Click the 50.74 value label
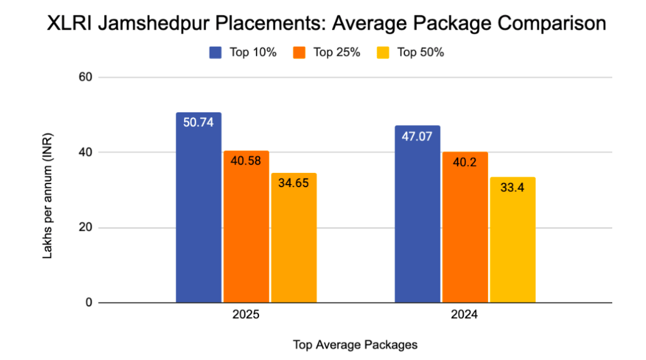[x=198, y=123]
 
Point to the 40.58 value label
[x=246, y=161]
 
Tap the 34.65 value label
[x=293, y=183]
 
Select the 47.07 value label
[x=417, y=136]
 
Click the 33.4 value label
[x=512, y=188]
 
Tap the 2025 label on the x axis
[x=245, y=316]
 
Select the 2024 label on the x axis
[x=464, y=316]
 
